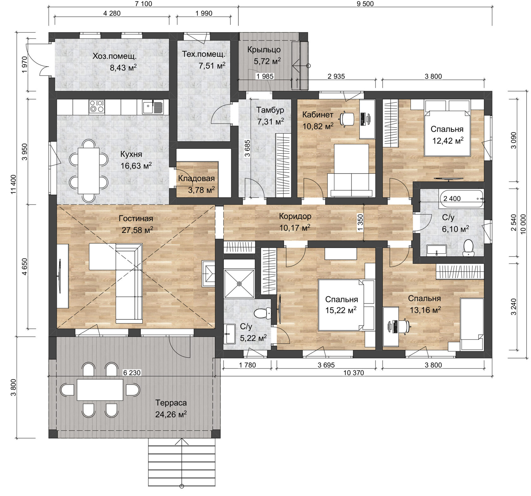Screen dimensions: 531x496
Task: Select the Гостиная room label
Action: (x=136, y=218)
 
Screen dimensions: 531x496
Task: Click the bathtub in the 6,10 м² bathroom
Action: (x=462, y=199)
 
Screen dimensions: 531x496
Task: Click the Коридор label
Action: (x=295, y=216)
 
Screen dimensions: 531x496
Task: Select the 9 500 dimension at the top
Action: (x=365, y=4)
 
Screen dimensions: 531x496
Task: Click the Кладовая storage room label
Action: (x=196, y=178)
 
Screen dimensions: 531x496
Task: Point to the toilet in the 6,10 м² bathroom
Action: (x=467, y=248)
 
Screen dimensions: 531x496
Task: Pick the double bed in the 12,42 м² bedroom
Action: (x=447, y=128)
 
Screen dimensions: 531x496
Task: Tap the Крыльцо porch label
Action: (x=264, y=50)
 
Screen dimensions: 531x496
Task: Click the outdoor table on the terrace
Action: (x=100, y=389)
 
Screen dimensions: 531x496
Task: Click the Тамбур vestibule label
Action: (x=270, y=110)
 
